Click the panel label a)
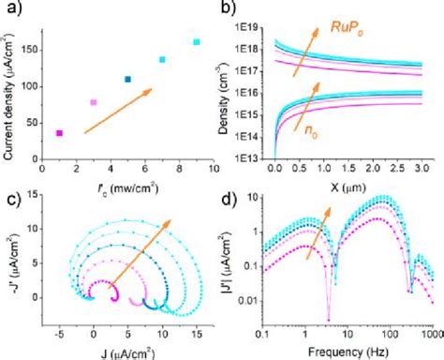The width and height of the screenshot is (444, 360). point(11,11)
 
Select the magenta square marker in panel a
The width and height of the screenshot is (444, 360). point(60,133)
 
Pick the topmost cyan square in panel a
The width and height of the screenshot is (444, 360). point(196,42)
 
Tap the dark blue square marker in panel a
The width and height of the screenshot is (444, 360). point(128,79)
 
